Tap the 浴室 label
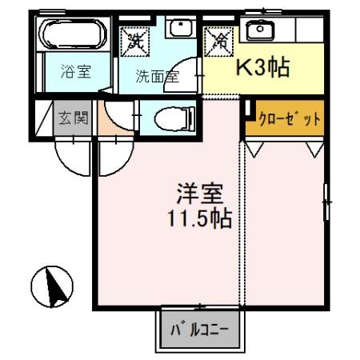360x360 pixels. tap(77, 71)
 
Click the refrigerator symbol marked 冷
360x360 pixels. tap(218, 39)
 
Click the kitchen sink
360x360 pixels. tap(258, 30)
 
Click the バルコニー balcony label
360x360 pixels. tap(199, 328)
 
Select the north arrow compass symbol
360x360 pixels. tap(52, 286)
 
